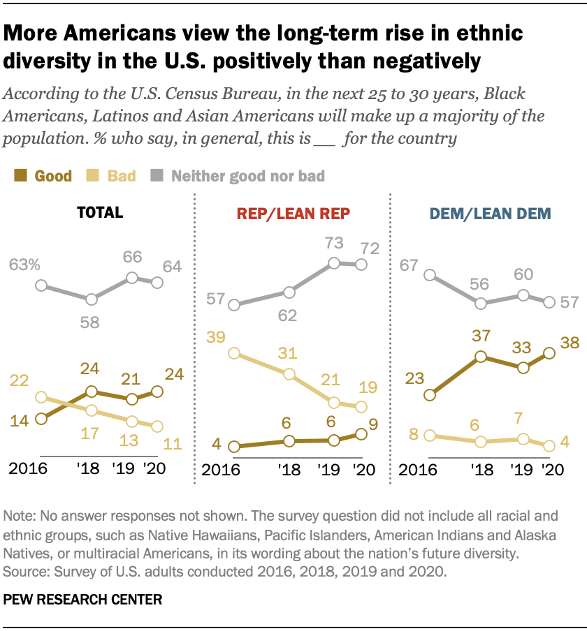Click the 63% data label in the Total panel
tap(25, 265)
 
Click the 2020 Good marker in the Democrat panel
tap(549, 353)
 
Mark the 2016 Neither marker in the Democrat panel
tap(430, 276)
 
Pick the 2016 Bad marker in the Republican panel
tap(234, 353)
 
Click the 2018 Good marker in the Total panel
tap(92, 392)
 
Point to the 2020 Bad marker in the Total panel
tap(157, 426)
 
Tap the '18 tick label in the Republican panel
tap(291, 470)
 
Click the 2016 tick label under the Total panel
tap(27, 470)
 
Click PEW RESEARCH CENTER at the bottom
tap(82, 599)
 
